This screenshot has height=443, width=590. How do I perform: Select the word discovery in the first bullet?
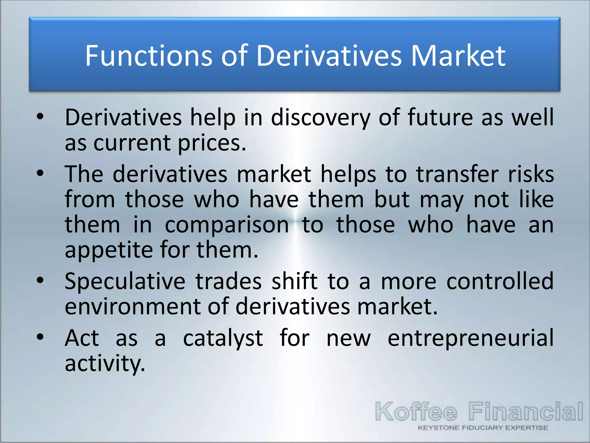pyautogui.click(x=321, y=118)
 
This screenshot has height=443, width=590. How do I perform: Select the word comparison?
pyautogui.click(x=227, y=225)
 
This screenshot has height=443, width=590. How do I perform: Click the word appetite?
pyautogui.click(x=109, y=250)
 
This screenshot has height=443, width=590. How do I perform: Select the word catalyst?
pyautogui.click(x=223, y=338)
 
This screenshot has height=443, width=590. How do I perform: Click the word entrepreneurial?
pyautogui.click(x=470, y=338)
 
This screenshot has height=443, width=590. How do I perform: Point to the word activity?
pyautogui.click(x=105, y=363)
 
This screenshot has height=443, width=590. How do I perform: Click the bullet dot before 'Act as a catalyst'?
pyautogui.click(x=40, y=337)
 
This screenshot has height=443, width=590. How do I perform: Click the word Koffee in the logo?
pyautogui.click(x=416, y=412)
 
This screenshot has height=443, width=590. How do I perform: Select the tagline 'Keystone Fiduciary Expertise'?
pyautogui.click(x=483, y=428)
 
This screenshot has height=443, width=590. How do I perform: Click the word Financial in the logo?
pyautogui.click(x=525, y=411)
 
